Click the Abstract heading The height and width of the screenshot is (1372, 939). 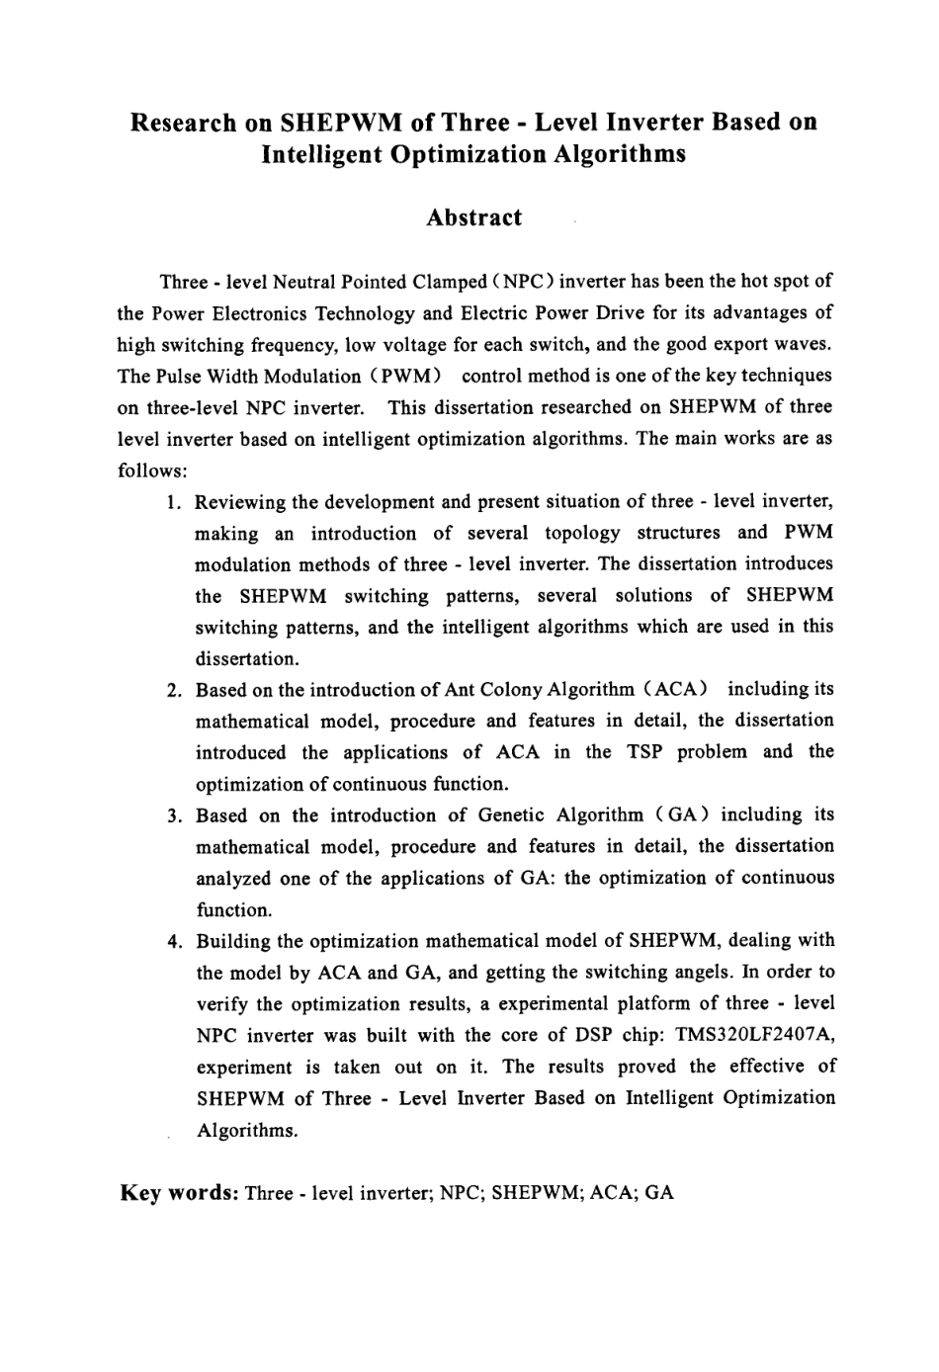pyautogui.click(x=473, y=218)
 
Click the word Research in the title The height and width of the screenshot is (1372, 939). pyautogui.click(x=184, y=124)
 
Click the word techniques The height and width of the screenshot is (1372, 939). pyautogui.click(x=784, y=376)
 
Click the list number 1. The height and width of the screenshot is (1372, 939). pyautogui.click(x=173, y=502)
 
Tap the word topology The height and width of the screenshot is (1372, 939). pyautogui.click(x=582, y=534)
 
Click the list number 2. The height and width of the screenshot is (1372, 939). pyautogui.click(x=173, y=690)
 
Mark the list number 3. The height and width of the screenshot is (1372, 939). pyautogui.click(x=173, y=815)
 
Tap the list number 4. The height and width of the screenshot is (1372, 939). pyautogui.click(x=173, y=941)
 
